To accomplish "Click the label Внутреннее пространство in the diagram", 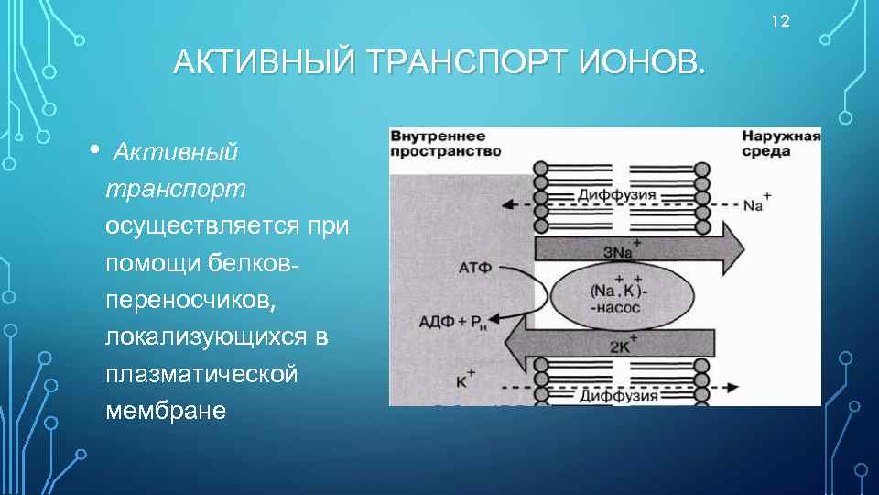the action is coord(446,143).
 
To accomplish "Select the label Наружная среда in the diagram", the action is coord(780,143).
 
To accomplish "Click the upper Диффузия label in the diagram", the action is coord(614,195).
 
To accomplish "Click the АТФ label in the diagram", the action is coord(473,267).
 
